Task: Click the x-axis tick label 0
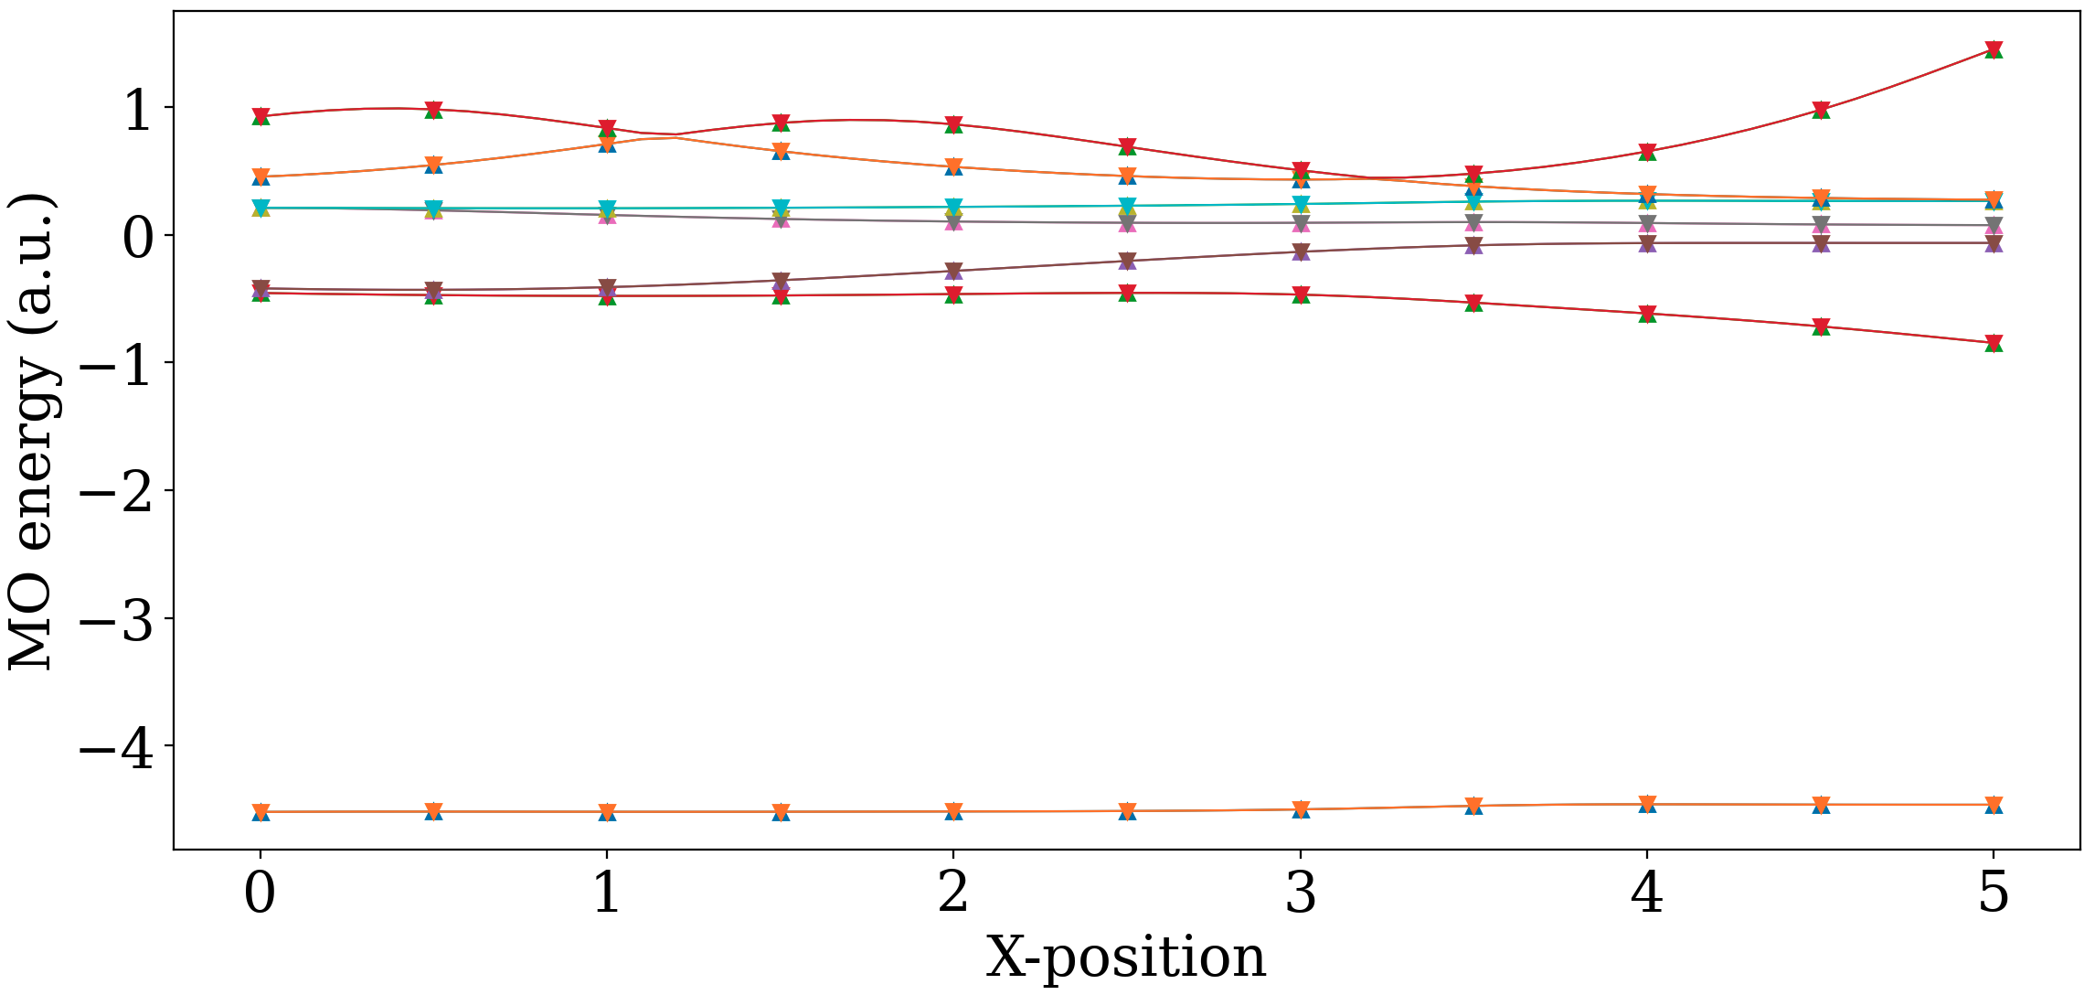(x=260, y=893)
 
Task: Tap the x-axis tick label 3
(x=1300, y=893)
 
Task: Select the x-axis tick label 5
(x=1994, y=893)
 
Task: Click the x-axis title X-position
(x=1125, y=958)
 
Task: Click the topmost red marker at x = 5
(x=1994, y=48)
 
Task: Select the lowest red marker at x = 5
(x=1994, y=343)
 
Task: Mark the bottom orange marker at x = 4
(x=1647, y=804)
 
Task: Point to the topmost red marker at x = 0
(x=261, y=115)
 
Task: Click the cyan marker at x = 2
(x=953, y=206)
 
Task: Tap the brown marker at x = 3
(x=1301, y=251)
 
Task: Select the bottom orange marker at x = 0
(x=261, y=810)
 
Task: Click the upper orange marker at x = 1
(x=607, y=142)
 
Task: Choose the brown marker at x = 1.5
(x=781, y=280)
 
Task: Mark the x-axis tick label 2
(x=953, y=893)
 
